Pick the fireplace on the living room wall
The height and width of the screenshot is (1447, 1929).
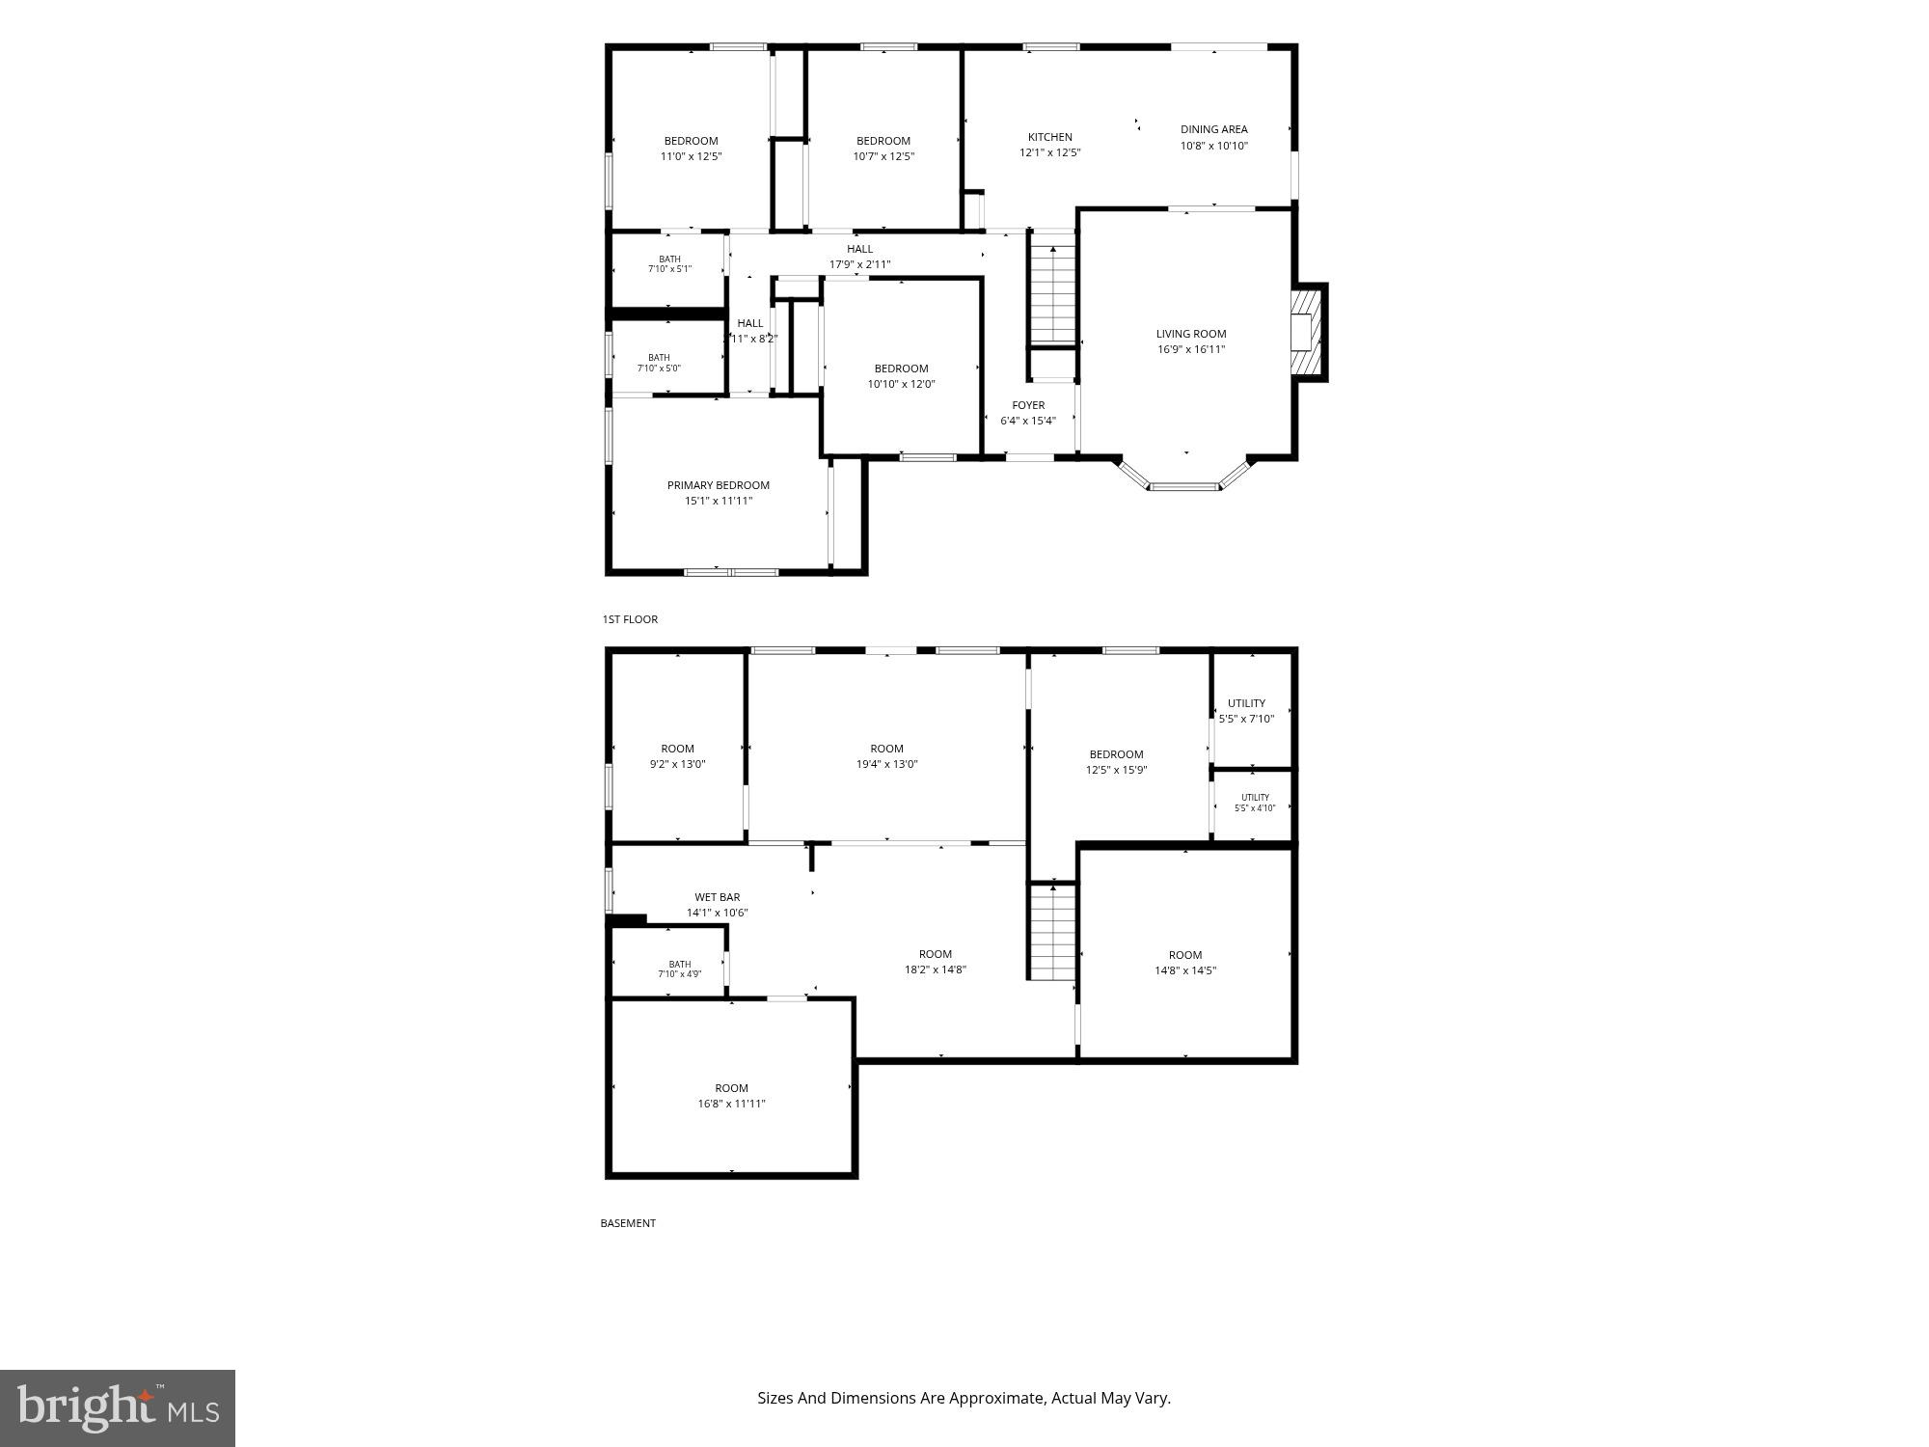[x=1309, y=332]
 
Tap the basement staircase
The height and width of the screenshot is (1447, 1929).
[x=1052, y=932]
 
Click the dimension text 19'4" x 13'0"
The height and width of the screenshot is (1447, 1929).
[x=887, y=764]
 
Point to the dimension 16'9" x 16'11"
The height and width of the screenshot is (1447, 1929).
[x=1191, y=349]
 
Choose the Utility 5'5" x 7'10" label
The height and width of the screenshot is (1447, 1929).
[x=1247, y=711]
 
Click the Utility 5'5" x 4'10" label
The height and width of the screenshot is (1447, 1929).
[x=1255, y=803]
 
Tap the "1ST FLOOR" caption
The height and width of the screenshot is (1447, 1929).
[x=630, y=619]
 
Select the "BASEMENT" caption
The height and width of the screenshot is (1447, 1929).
[x=628, y=1223]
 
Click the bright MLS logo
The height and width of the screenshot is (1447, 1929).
[x=118, y=1408]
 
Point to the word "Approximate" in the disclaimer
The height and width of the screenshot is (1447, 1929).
[x=996, y=1398]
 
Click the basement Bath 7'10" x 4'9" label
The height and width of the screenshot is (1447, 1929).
[x=680, y=969]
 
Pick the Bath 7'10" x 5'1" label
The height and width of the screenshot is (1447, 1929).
[x=669, y=263]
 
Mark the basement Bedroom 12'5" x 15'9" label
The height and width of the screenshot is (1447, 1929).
[x=1117, y=762]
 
